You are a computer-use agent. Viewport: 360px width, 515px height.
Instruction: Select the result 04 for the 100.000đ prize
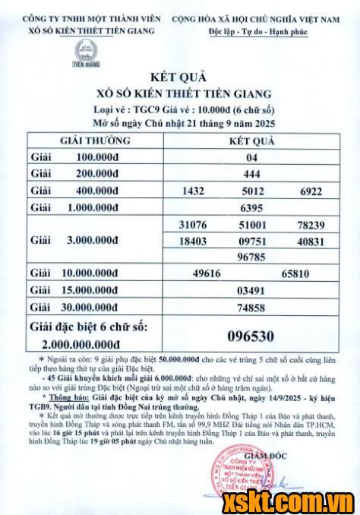coord(252,158)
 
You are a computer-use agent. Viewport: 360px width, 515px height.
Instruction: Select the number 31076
coord(193,225)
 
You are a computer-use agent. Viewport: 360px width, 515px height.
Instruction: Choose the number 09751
coord(252,241)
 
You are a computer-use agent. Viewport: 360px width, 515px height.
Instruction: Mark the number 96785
coord(252,257)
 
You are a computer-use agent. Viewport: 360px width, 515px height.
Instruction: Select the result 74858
coord(252,308)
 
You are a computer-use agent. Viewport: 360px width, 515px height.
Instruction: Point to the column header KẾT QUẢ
coord(252,141)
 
